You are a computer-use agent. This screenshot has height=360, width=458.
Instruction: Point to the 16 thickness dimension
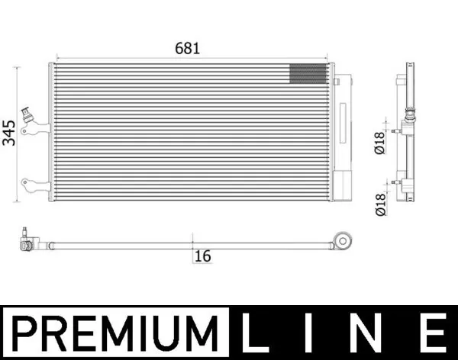[x=202, y=256]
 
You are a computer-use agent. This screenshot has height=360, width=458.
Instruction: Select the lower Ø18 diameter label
[x=379, y=204]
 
